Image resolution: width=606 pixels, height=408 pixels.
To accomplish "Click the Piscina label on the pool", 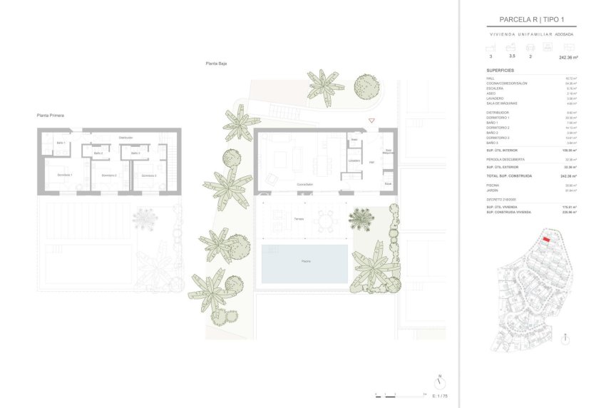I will [304, 262].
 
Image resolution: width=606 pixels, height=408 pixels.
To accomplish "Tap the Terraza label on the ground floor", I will [297, 219].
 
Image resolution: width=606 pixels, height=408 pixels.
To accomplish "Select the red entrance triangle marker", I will [371, 121].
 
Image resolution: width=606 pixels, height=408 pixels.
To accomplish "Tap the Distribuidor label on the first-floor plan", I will [126, 137].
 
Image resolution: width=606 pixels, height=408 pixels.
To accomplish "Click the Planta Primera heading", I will [51, 114].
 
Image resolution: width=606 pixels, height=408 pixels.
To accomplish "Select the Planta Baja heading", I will [216, 63].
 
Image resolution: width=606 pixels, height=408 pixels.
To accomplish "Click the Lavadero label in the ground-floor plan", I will [354, 160].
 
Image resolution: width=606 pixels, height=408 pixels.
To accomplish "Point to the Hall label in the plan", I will [371, 162].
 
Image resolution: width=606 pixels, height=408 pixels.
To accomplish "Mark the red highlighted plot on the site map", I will [546, 240].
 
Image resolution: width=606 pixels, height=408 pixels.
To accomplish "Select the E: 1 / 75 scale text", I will [440, 395].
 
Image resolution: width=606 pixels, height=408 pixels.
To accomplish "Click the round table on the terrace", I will [326, 220].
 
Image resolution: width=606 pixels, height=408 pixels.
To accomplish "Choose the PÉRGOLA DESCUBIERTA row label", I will [505, 160].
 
